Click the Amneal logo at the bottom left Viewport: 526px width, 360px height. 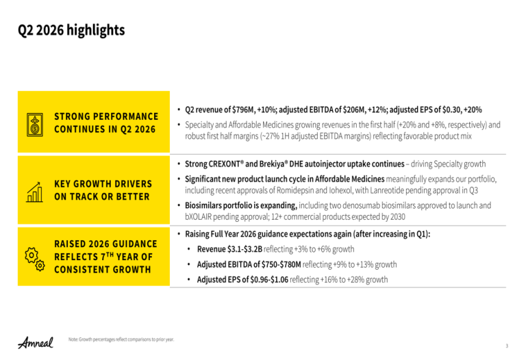pos(36,342)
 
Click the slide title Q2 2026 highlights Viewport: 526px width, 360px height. pos(71,30)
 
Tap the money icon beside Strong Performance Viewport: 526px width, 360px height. pos(35,125)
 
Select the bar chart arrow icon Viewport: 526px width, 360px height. pos(34,192)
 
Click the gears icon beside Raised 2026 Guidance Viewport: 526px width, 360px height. pos(35,259)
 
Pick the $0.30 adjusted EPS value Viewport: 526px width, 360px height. pos(451,110)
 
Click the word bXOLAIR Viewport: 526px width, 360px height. pos(198,217)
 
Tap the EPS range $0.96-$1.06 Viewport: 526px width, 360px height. pos(269,279)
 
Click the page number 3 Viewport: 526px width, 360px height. pos(507,346)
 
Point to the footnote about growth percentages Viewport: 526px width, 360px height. pos(121,339)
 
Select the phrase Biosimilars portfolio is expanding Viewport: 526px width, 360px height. pos(241,205)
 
